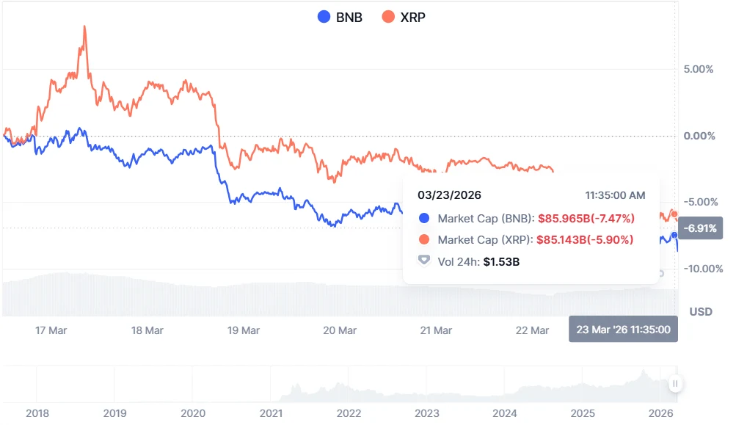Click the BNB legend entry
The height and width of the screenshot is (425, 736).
coord(340,17)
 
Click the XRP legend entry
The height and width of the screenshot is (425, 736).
coord(404,17)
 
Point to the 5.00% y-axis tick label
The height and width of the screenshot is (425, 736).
coord(699,70)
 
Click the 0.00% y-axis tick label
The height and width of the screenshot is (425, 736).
coord(699,136)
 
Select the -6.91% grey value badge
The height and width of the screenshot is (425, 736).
coord(702,228)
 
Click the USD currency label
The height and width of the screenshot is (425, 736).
coord(701,312)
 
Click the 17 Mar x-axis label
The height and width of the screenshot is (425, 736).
coord(51,330)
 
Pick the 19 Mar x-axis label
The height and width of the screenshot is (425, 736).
coord(244,330)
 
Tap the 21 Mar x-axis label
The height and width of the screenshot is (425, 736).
coord(436,330)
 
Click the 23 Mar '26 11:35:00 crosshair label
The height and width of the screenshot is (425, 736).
coord(623,330)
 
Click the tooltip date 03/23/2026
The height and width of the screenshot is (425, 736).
coord(450,195)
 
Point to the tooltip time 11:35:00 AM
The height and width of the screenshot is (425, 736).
coord(615,195)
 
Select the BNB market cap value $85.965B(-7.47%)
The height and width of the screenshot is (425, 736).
coord(586,218)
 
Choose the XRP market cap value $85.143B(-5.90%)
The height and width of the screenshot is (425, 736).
coord(586,239)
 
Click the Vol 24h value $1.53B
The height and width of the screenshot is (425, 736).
coord(501,261)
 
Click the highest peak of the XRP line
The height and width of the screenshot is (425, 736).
coord(84,27)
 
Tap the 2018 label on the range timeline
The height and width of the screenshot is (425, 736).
coord(37,413)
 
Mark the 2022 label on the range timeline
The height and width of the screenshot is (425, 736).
coord(349,413)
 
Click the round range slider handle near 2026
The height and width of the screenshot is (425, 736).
coord(675,383)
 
